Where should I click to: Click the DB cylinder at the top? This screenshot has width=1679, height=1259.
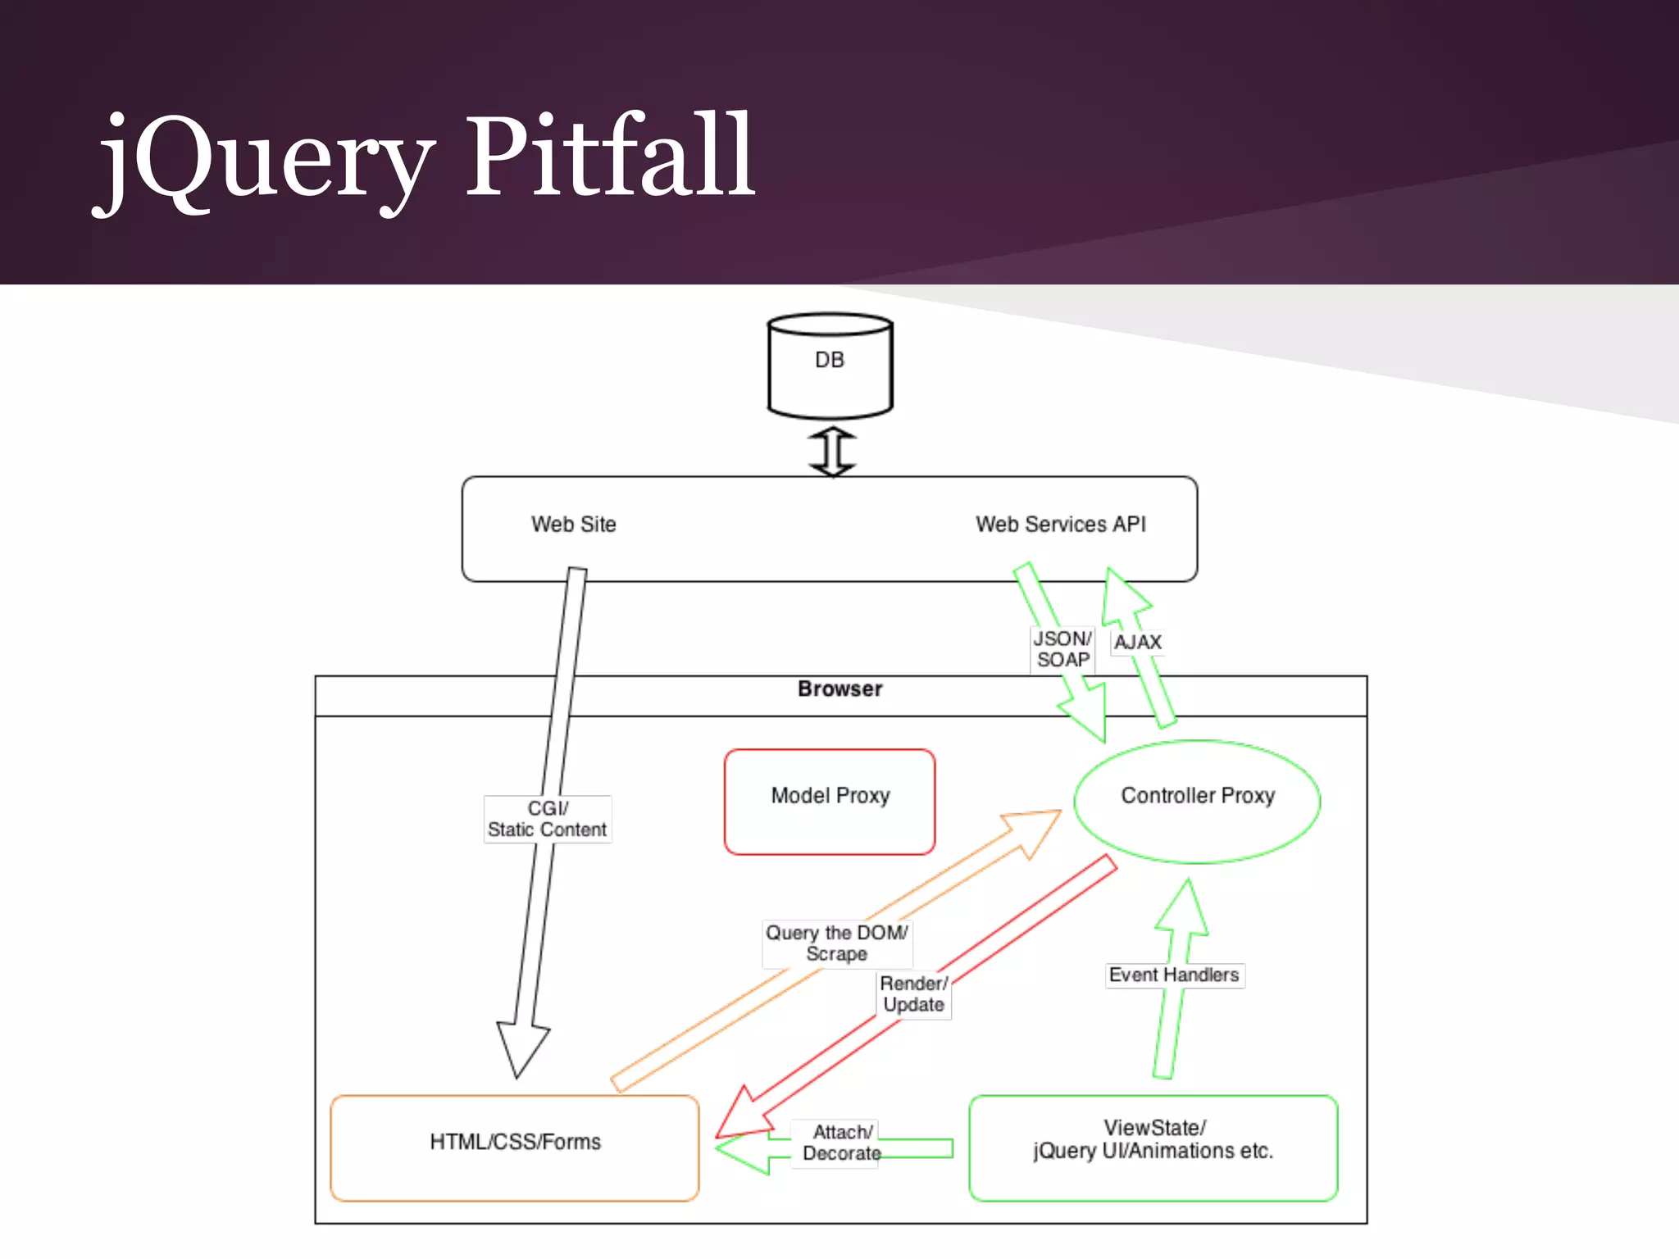click(x=830, y=365)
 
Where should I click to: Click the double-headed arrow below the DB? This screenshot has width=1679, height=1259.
click(x=832, y=451)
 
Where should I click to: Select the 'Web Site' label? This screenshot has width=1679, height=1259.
click(x=573, y=524)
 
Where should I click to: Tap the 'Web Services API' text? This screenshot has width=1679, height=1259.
click(x=1060, y=524)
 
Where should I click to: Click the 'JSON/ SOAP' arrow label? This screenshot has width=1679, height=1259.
click(x=1062, y=649)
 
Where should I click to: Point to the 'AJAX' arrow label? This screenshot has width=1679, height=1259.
click(x=1137, y=642)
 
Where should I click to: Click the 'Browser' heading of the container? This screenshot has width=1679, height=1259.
click(x=839, y=689)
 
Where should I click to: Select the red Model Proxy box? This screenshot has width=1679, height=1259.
click(x=830, y=801)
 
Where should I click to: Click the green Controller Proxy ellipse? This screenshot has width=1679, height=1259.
click(x=1197, y=801)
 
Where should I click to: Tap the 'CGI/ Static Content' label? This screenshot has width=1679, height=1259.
click(x=547, y=819)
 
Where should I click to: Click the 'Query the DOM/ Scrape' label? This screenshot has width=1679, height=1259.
click(x=836, y=943)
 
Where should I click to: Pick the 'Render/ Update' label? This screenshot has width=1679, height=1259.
click(x=913, y=994)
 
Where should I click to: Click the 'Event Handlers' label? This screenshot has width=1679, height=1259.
click(x=1173, y=975)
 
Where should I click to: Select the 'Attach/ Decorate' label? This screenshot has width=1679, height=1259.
click(x=842, y=1143)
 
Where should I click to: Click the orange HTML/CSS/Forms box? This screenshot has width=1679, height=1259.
click(x=515, y=1148)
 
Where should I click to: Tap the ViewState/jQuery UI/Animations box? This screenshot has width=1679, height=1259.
click(x=1153, y=1148)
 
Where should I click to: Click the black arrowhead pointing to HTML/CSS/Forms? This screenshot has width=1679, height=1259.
click(x=521, y=1048)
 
